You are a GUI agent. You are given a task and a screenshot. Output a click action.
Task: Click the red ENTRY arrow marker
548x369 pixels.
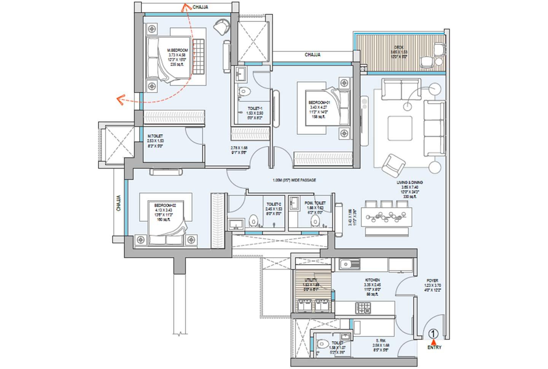pos(434,341)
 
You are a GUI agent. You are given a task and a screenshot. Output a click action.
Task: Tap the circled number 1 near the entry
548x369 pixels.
pos(434,334)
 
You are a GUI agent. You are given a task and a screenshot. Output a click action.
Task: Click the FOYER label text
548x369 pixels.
pos(432,280)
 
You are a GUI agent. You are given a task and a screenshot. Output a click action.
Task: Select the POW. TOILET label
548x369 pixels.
pos(315,203)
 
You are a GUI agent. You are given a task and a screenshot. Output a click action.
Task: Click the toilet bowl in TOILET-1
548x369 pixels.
pos(244,91)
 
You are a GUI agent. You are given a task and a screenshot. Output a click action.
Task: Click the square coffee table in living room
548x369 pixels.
pos(400,129)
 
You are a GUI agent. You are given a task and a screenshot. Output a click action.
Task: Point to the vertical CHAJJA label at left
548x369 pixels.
pos(118,203)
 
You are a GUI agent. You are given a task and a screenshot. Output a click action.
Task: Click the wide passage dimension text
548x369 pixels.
pos(294,180)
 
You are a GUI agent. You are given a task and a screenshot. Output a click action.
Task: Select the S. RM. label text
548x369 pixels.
pos(379,341)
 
